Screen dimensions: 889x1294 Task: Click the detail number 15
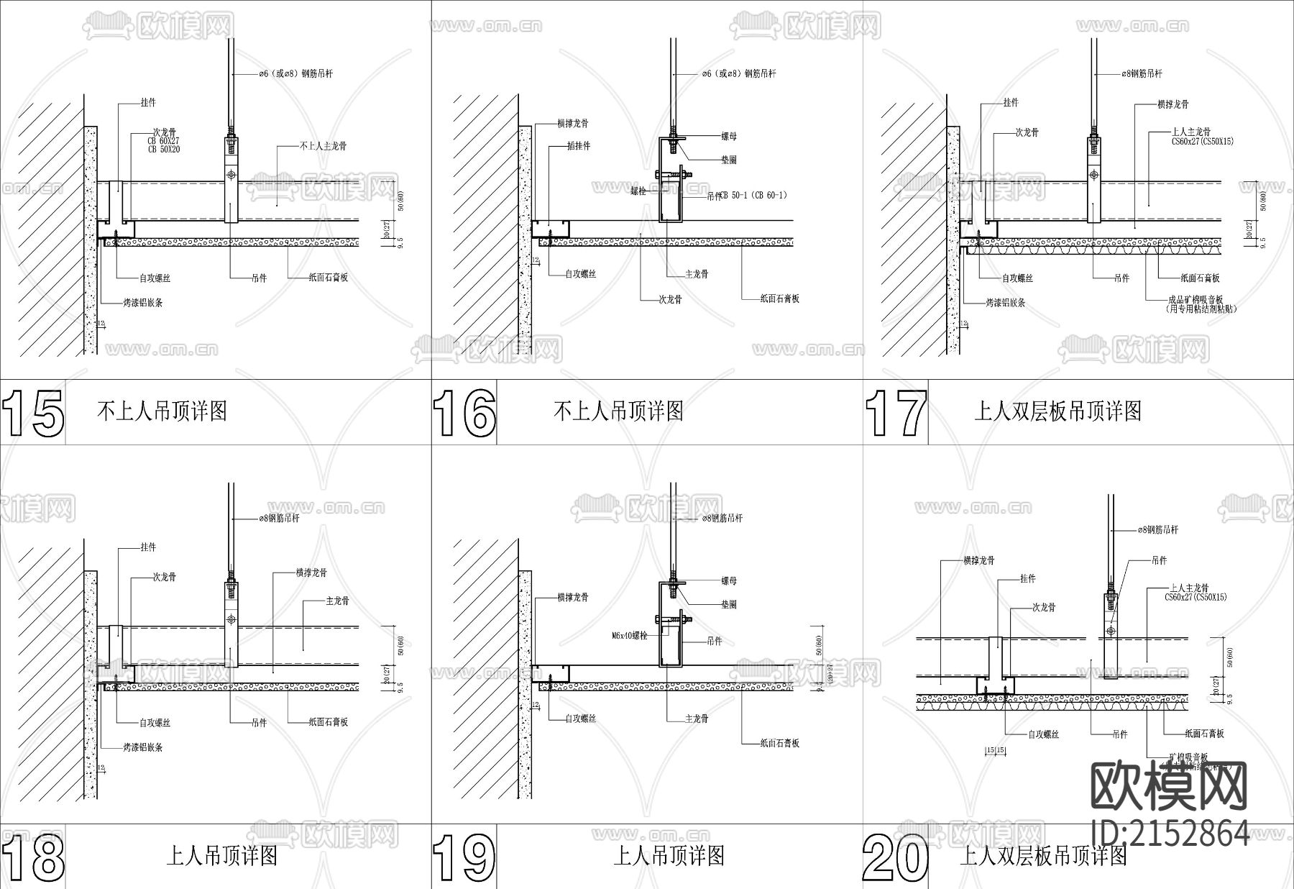coord(33,413)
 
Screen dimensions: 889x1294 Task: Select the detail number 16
coord(464,413)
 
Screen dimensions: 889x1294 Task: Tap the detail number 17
coord(896,413)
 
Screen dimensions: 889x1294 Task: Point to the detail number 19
coord(464,857)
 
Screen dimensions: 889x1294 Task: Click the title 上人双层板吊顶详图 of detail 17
coord(1057,411)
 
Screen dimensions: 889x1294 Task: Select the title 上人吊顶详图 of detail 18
coord(222,856)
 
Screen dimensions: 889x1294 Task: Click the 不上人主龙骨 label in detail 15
coord(323,146)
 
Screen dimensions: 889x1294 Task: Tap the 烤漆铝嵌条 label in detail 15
coord(142,303)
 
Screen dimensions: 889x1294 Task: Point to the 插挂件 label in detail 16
coord(578,146)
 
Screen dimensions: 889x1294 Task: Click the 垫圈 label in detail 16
coord(728,160)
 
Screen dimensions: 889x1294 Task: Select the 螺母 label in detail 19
coord(728,580)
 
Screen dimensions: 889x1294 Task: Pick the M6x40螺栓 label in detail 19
coord(630,636)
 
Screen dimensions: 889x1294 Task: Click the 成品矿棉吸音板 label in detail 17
coord(1196,300)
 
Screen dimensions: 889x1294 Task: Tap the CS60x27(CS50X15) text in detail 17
coord(1202,142)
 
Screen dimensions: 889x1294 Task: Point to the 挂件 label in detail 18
coord(148,547)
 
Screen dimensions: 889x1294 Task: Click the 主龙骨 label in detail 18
coord(337,601)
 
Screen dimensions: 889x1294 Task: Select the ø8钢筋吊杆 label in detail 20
coord(1157,530)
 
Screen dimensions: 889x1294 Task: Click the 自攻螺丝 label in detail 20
coord(1043,734)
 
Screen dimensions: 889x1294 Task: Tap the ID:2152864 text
coord(1170,833)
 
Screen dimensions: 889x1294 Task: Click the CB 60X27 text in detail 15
coord(164,141)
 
